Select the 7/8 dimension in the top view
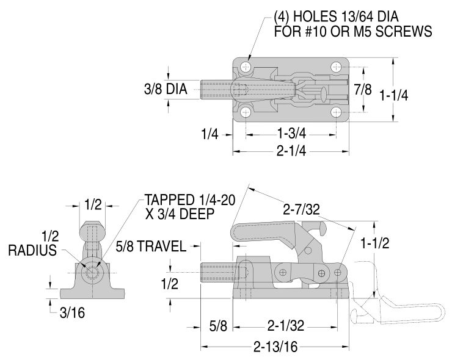pos(363,89)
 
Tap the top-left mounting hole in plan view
pos(246,67)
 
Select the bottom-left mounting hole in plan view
pos(246,112)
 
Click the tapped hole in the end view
pos(91,272)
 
